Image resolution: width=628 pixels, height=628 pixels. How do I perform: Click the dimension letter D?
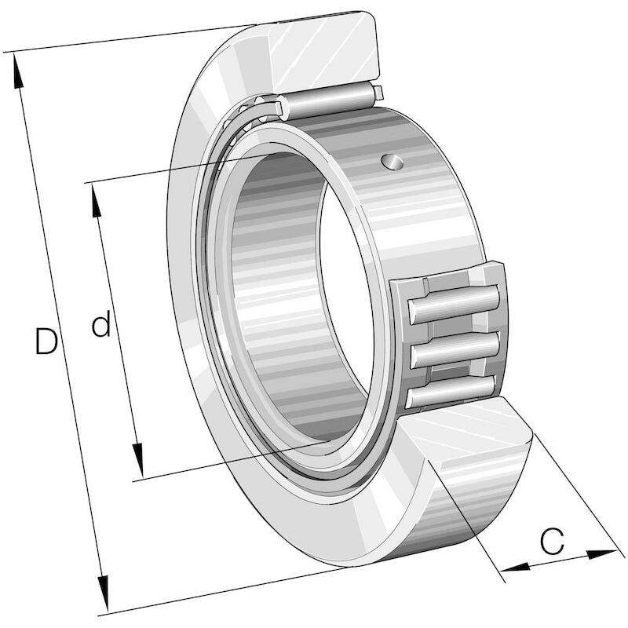[x=46, y=341]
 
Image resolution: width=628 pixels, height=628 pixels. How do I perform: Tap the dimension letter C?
[x=552, y=541]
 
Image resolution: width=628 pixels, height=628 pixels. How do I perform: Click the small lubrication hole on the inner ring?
[x=392, y=162]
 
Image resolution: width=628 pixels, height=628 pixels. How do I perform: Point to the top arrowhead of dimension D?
[x=17, y=71]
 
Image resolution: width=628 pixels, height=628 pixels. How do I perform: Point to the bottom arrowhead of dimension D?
[x=104, y=593]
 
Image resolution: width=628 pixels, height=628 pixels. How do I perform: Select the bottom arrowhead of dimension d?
[x=139, y=460]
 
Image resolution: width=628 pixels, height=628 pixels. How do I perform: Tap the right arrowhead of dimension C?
[x=601, y=554]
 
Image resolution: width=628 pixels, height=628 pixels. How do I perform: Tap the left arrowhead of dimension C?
[x=516, y=567]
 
